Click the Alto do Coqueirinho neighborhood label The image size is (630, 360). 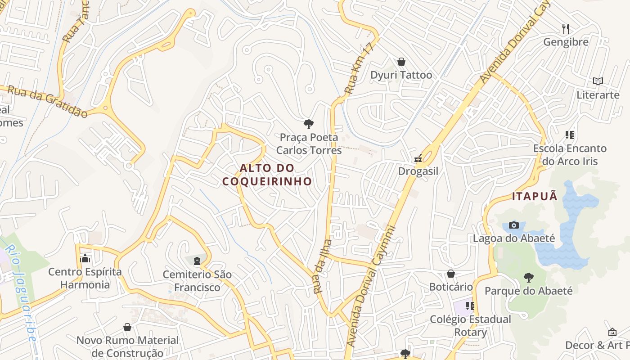[x=267, y=175]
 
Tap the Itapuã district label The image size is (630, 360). [x=535, y=196]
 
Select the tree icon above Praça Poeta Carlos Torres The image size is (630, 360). [x=309, y=124]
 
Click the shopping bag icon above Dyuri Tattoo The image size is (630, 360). [x=401, y=62]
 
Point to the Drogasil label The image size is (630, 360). [x=418, y=171]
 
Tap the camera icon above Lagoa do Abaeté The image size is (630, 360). [x=514, y=225]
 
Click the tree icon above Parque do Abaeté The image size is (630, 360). [x=529, y=277]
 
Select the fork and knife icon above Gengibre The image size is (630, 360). [x=566, y=29]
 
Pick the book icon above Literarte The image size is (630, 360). [x=598, y=81]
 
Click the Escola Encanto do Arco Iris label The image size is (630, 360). [x=570, y=154]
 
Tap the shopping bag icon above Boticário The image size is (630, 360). [x=451, y=274]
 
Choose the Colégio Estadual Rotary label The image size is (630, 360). [x=471, y=326]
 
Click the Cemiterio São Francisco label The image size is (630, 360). [x=198, y=281]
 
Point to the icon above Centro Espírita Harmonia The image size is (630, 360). [x=85, y=259]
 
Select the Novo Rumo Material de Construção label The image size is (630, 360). [x=127, y=346]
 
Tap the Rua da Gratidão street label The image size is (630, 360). [x=48, y=102]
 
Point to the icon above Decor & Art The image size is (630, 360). [x=612, y=332]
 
